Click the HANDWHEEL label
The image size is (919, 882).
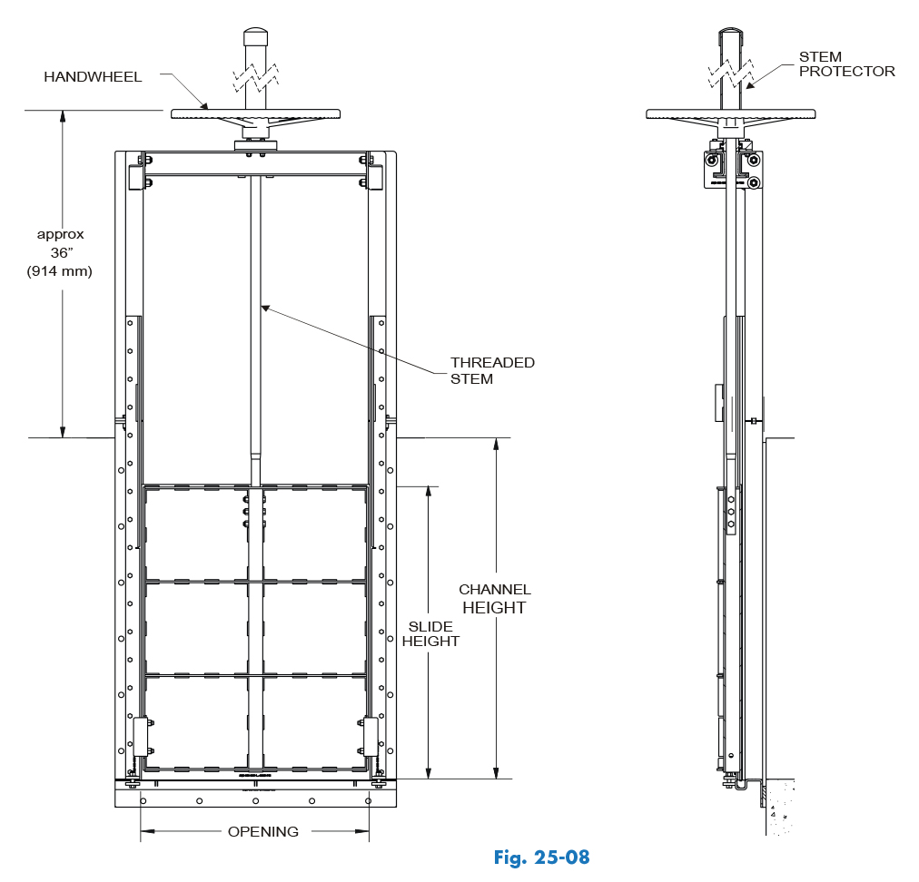tap(93, 77)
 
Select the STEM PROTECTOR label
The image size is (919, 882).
tap(846, 64)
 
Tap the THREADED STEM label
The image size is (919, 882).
tap(492, 370)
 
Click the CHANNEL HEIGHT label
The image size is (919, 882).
tap(494, 599)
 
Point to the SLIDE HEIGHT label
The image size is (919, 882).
tap(430, 633)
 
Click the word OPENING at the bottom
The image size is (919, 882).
tap(262, 831)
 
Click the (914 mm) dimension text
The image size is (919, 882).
tap(60, 270)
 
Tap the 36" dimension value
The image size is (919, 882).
tap(61, 252)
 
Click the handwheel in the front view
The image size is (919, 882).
tap(255, 114)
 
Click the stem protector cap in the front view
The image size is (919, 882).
tap(255, 37)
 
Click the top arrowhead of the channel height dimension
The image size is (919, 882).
tap(496, 444)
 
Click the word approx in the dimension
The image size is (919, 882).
tap(61, 234)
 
